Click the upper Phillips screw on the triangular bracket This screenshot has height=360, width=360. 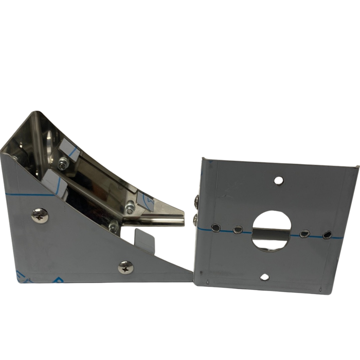coord(40,215)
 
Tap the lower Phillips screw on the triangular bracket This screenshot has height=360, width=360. coord(125,267)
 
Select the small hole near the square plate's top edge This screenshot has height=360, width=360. coord(278,181)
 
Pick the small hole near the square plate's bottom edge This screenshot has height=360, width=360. coord(264,277)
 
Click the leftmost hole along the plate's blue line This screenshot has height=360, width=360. coord(216,228)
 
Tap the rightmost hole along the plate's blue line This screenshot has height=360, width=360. coord(327,235)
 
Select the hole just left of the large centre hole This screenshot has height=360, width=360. coord(238,229)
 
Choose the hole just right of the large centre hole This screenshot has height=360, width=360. coord(305,233)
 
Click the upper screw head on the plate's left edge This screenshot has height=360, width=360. coord(196,202)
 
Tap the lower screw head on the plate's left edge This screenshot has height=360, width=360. coord(195,220)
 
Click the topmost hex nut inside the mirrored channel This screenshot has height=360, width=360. coord(62,164)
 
